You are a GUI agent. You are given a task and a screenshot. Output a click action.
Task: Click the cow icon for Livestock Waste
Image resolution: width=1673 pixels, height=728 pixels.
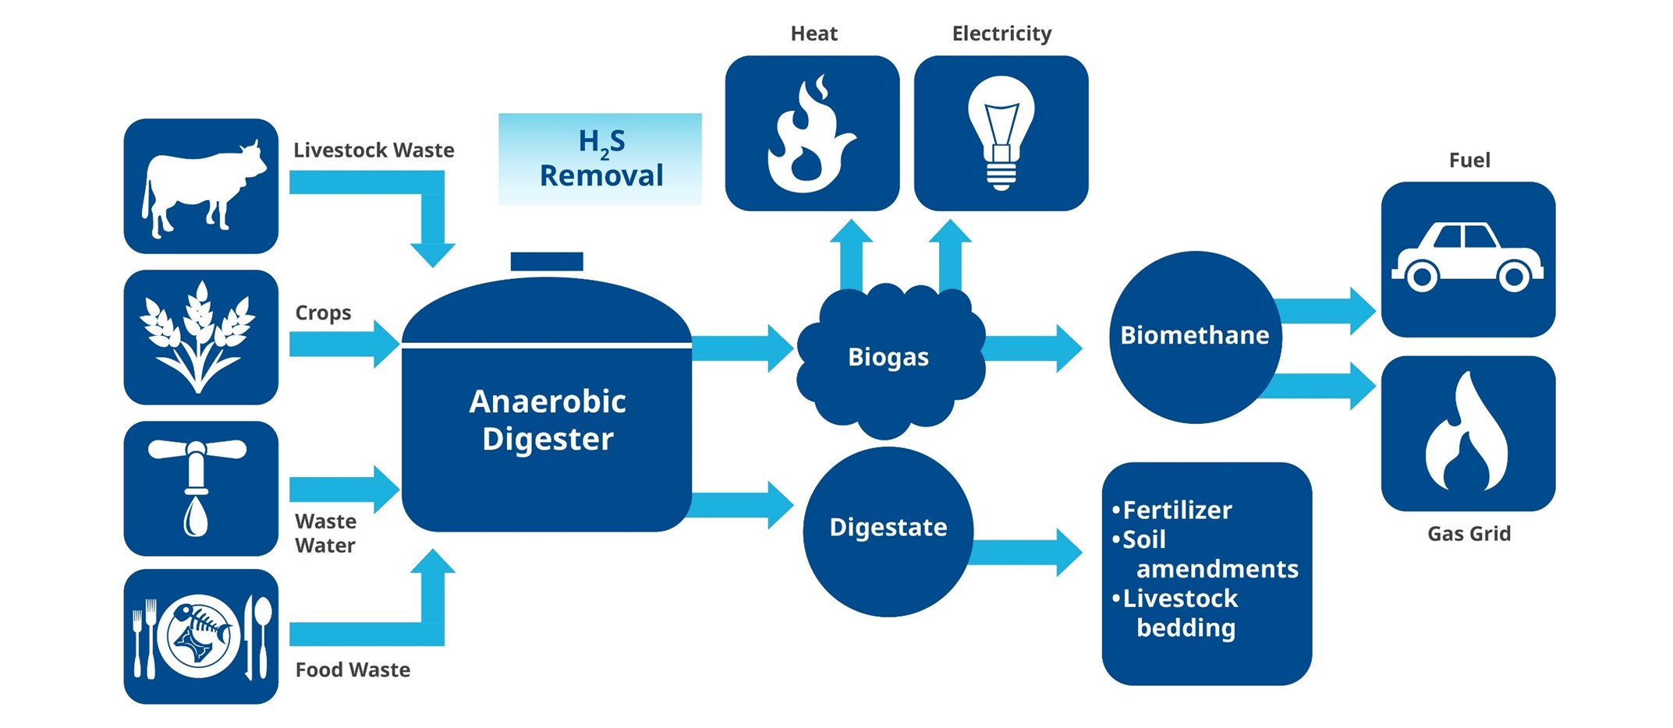tap(201, 187)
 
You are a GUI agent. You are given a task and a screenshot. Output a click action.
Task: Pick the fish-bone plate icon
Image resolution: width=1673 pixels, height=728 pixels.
tap(200, 636)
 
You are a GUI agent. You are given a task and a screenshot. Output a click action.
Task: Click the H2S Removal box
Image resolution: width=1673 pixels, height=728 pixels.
tap(601, 159)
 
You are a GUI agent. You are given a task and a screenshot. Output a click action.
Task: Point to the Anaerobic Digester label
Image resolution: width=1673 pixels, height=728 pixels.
tap(548, 420)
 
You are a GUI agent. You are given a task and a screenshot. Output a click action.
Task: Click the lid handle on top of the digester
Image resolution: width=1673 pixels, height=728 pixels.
tap(547, 261)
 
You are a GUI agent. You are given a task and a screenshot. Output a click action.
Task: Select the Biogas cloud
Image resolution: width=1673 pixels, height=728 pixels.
tap(889, 357)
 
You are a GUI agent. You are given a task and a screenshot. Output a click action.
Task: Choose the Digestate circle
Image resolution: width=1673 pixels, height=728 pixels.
tap(888, 530)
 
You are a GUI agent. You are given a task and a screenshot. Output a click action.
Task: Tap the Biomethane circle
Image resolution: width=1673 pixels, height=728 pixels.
tap(1195, 336)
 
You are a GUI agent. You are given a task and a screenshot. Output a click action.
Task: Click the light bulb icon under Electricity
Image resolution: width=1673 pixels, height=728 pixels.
tap(1001, 133)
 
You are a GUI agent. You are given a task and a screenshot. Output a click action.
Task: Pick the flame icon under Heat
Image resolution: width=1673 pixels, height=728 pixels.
tap(812, 133)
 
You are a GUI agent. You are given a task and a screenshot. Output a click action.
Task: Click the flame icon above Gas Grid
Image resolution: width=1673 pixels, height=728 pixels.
tap(1467, 433)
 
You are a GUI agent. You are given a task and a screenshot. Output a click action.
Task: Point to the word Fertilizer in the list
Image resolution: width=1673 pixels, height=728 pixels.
tap(1177, 511)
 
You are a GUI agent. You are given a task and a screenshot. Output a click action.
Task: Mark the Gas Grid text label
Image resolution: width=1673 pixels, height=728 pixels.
tap(1469, 534)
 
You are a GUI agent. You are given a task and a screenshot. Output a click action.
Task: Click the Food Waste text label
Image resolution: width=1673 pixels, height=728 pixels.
tap(353, 670)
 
